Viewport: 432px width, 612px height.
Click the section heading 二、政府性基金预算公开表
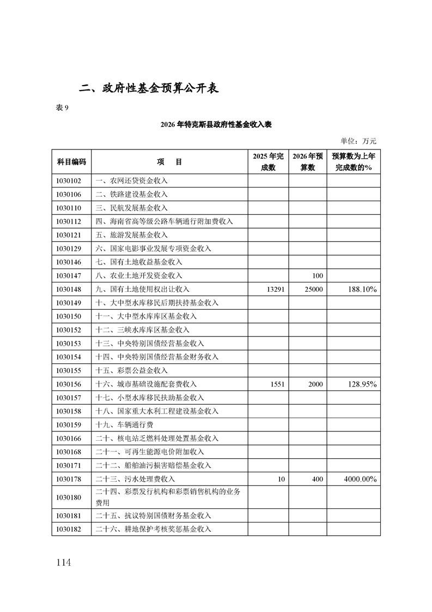(x=149, y=88)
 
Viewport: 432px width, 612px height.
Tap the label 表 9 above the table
(x=63, y=107)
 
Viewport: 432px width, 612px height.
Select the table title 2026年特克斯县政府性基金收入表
(x=216, y=125)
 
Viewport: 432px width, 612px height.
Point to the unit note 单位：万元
(x=358, y=141)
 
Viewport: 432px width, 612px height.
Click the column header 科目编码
(x=71, y=162)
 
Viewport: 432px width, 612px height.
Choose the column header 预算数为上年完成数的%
(x=353, y=162)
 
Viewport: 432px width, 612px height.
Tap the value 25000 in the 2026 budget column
(x=313, y=289)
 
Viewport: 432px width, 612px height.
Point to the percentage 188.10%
(x=362, y=289)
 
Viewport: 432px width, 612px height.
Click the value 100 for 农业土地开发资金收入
(x=318, y=275)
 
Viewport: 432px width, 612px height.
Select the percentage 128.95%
(x=362, y=384)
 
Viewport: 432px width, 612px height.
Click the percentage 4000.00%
(x=360, y=479)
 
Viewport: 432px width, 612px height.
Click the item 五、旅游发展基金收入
(x=131, y=235)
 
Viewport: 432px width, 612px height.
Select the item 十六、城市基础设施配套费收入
(x=146, y=384)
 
